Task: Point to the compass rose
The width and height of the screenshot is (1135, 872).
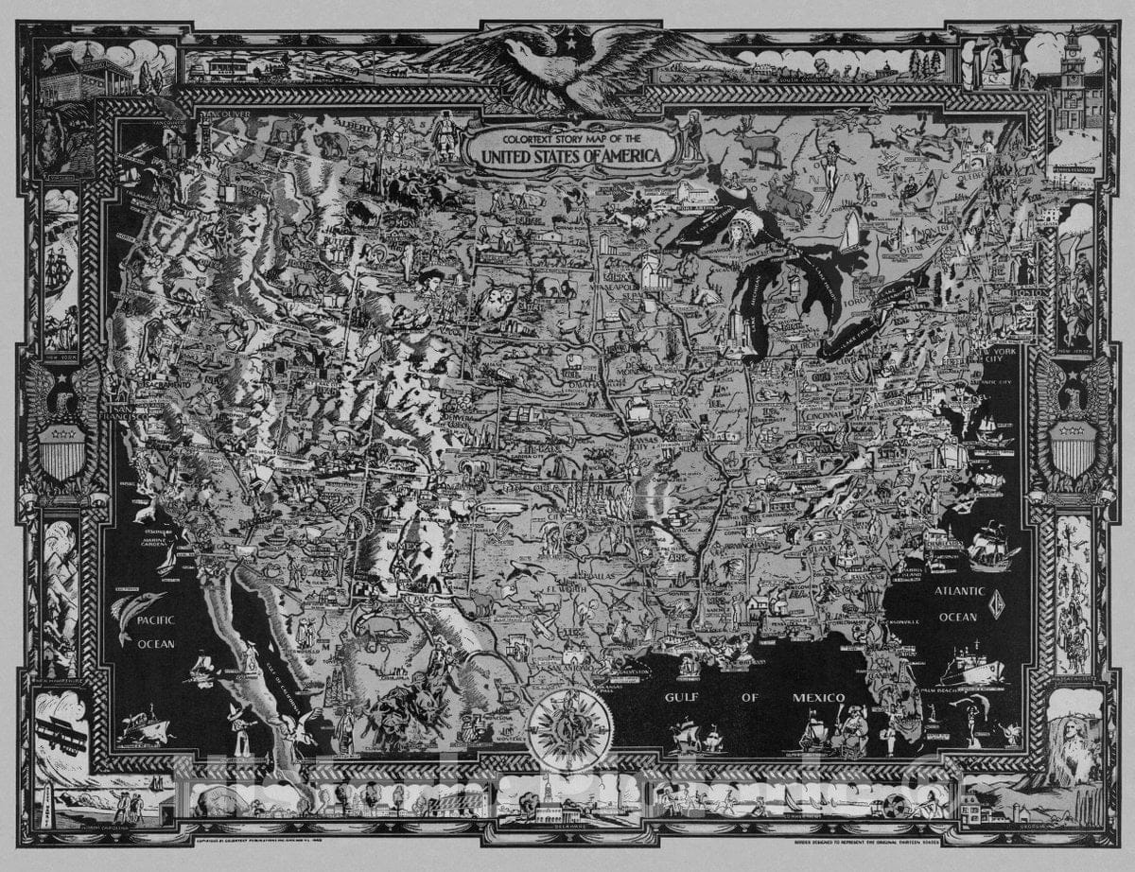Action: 570,728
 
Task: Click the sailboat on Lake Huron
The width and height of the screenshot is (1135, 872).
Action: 851,232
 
